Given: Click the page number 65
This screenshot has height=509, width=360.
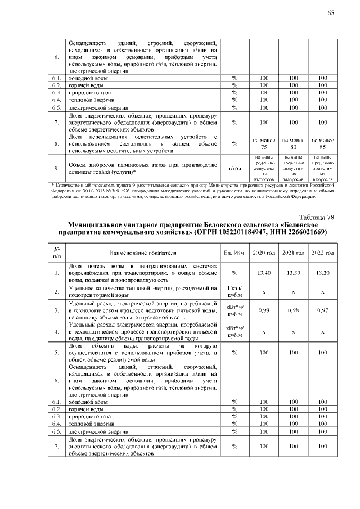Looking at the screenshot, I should click(331, 13).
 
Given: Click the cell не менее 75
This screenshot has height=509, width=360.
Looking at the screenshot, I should click(263, 143).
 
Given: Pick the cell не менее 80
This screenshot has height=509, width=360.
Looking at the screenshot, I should click(293, 143).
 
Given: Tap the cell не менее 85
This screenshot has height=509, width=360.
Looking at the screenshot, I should click(323, 143).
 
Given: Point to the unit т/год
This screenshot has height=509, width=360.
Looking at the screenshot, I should click(234, 168).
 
